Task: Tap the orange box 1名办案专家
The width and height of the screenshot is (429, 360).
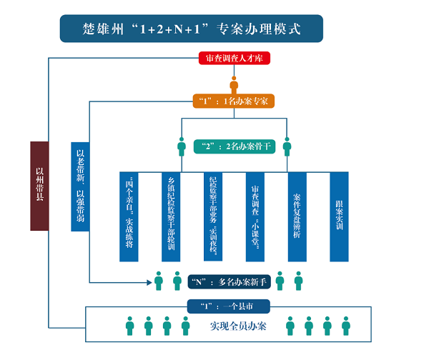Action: click(x=234, y=101)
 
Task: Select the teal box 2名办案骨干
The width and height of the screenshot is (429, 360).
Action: click(x=234, y=146)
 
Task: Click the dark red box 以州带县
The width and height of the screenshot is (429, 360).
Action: click(x=39, y=186)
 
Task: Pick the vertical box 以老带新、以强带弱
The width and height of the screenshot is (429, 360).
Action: click(x=80, y=186)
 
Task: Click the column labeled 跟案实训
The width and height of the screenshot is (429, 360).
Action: click(x=339, y=216)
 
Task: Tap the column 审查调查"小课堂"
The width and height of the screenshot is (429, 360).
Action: click(x=255, y=216)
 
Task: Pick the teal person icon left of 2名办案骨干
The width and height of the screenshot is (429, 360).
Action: click(x=182, y=148)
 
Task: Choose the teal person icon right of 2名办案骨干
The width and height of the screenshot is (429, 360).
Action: click(x=287, y=148)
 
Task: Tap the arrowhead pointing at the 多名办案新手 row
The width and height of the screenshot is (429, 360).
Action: click(x=147, y=281)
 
